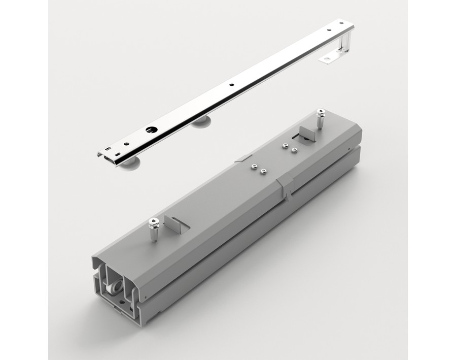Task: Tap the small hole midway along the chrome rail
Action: click(230, 85)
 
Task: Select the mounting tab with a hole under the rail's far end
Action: click(327, 59)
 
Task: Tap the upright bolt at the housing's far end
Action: click(320, 120)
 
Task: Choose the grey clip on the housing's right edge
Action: click(286, 186)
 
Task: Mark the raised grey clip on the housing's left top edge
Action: click(242, 158)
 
